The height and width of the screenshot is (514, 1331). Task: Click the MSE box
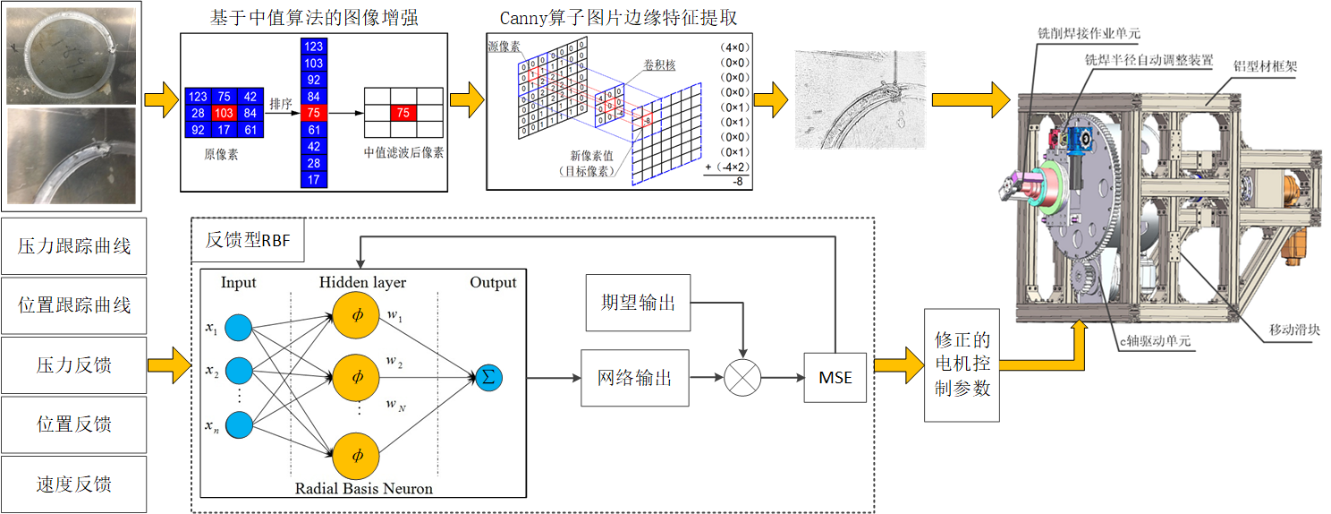(835, 378)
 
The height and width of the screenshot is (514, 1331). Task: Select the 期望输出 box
(638, 302)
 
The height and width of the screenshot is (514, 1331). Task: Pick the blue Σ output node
(488, 377)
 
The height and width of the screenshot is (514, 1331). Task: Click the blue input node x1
(237, 329)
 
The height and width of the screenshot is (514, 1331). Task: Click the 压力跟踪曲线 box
(73, 244)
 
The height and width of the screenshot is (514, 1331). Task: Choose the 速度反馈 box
(73, 484)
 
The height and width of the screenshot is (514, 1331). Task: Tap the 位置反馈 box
(73, 424)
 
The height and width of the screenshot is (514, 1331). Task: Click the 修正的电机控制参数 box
(962, 364)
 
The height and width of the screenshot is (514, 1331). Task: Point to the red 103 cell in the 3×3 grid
(224, 113)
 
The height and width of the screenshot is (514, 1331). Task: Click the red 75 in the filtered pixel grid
(404, 113)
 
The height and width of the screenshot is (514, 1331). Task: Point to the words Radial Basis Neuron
(364, 488)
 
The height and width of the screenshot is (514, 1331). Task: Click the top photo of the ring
(72, 54)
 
